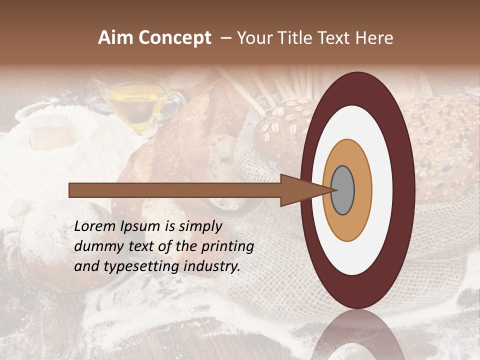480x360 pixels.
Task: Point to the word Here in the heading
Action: click(x=373, y=38)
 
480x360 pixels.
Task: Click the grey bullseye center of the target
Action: click(x=342, y=190)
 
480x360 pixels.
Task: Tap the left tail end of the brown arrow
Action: click(x=71, y=190)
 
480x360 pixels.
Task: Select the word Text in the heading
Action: click(x=334, y=38)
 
